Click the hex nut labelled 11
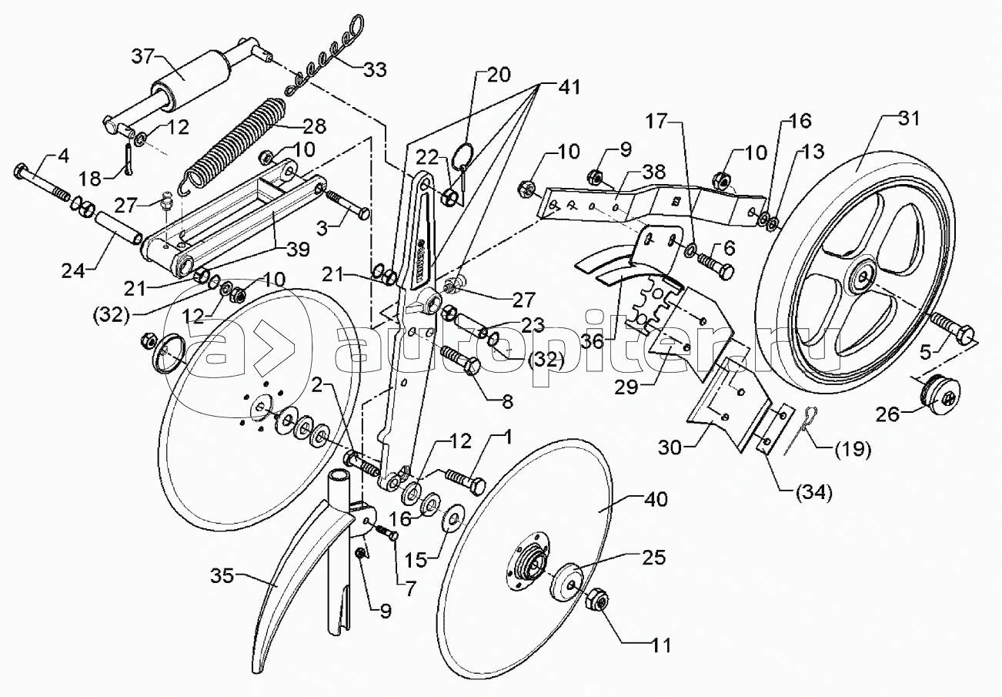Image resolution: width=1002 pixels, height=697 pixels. coord(598,601)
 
